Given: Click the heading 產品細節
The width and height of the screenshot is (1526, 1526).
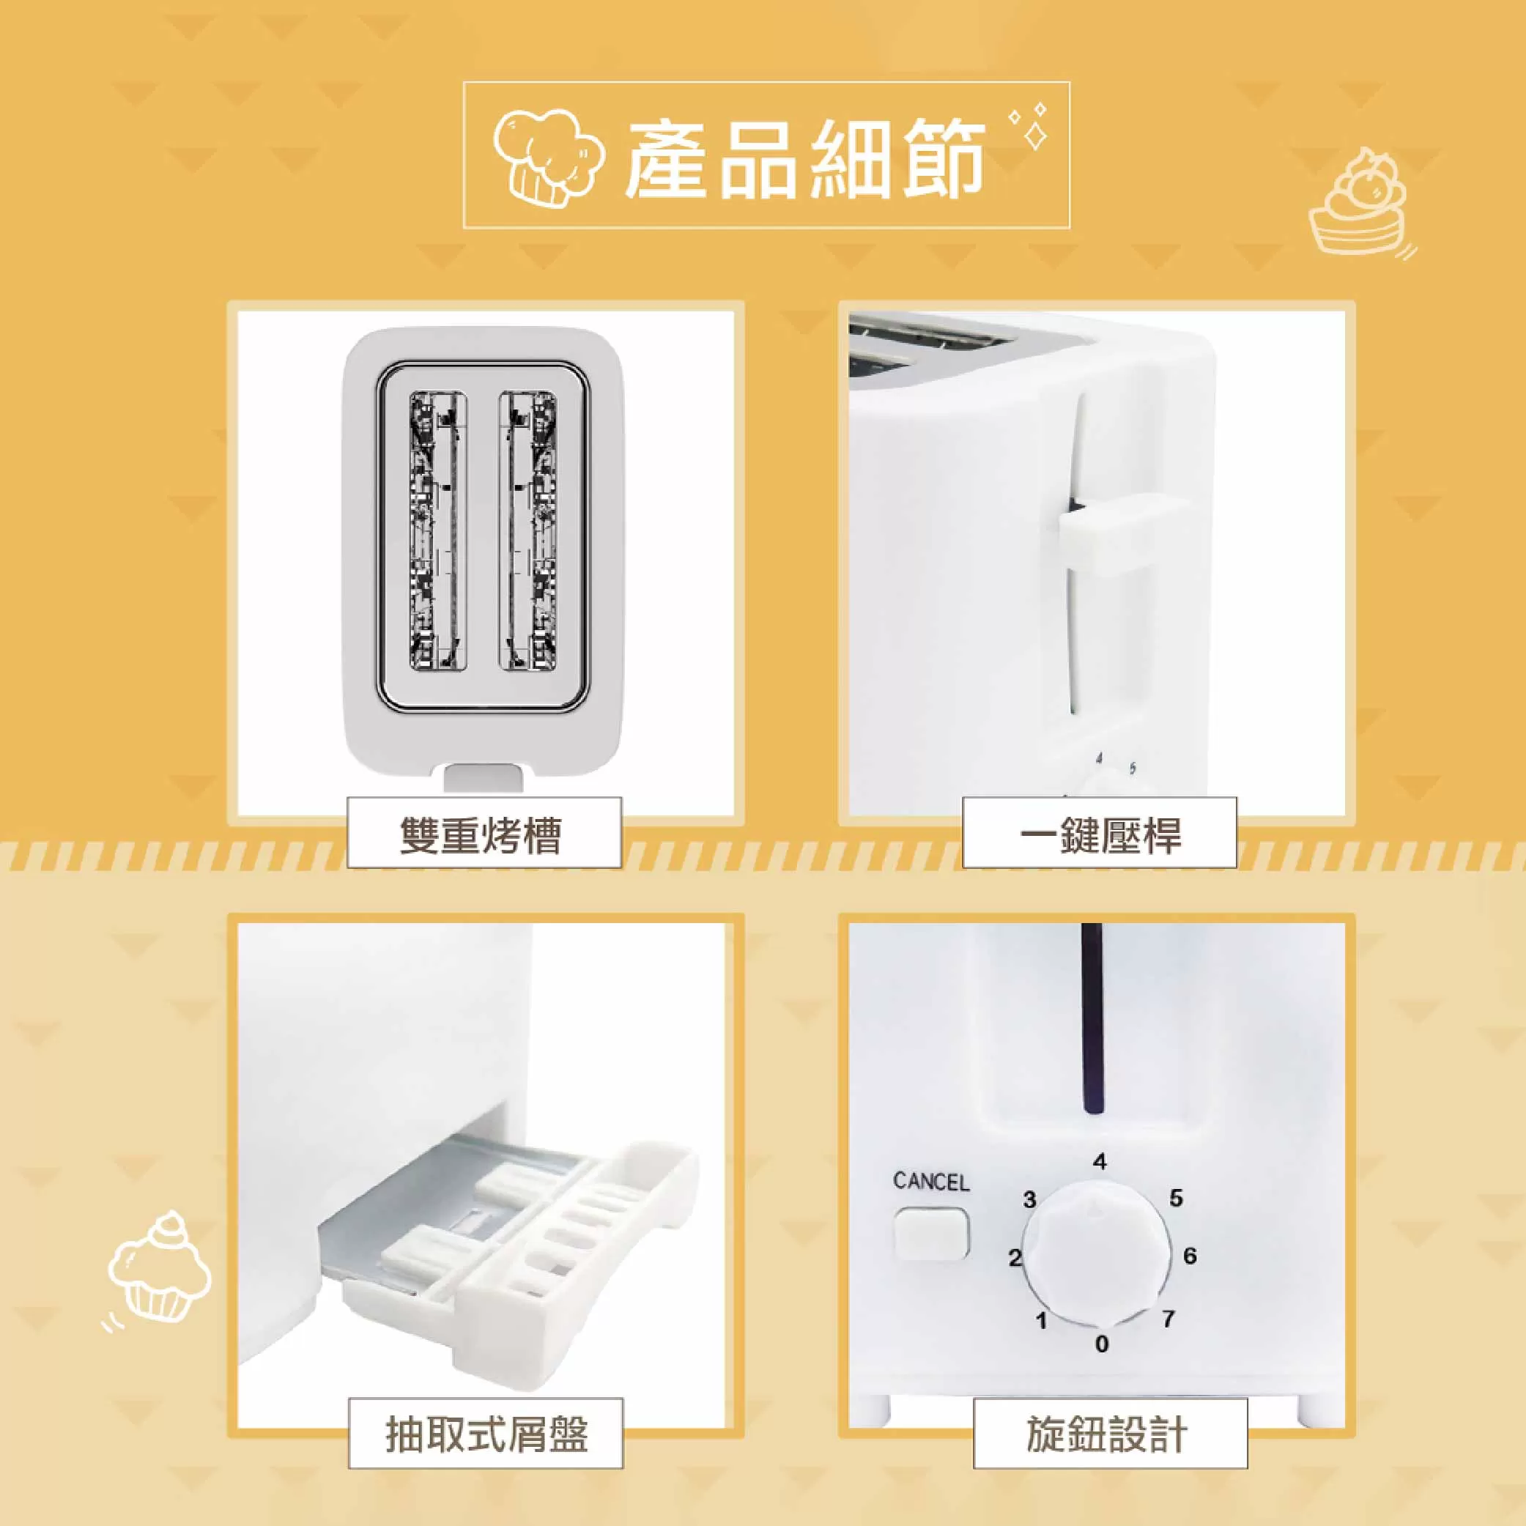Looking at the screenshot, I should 805,158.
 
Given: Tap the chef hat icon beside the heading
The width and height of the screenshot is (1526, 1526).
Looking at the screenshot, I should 547,156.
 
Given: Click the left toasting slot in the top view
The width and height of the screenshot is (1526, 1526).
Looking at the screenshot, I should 437,534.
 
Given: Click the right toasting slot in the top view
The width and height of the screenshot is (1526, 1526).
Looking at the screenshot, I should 527,534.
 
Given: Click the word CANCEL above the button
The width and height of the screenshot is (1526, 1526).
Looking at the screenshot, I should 930,1182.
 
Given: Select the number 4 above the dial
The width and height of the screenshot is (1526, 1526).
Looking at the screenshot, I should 1100,1162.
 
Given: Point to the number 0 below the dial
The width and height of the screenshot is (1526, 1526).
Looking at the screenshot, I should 1102,1344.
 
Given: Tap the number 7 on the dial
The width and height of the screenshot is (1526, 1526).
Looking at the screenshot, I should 1168,1318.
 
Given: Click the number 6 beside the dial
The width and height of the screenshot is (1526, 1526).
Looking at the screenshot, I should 1190,1255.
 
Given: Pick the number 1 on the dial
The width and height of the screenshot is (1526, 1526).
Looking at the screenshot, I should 1041,1320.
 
